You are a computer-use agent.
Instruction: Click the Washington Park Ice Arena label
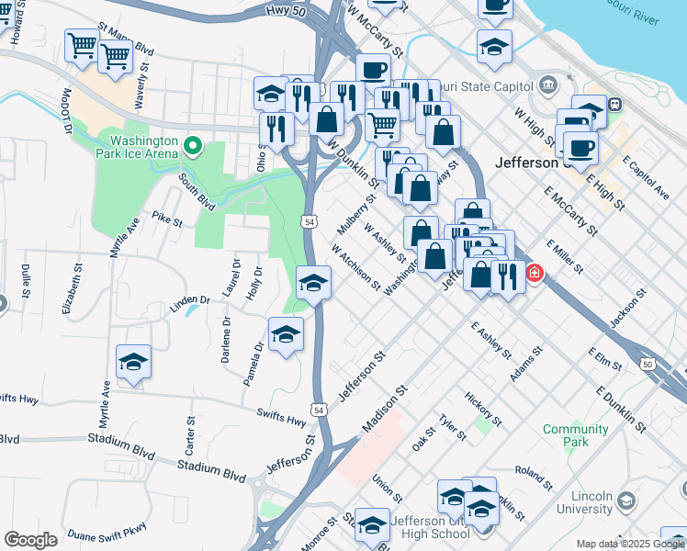point(143,148)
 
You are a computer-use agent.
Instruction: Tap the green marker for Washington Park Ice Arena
point(193,145)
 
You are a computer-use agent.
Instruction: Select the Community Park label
point(576,435)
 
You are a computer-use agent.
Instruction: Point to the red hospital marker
point(533,274)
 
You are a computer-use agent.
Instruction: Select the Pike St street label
point(168,219)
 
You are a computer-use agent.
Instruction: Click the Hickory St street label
point(482,409)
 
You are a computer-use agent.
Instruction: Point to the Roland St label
point(533,479)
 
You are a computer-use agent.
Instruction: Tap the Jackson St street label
point(632,305)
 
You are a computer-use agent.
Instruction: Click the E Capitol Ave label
point(646,177)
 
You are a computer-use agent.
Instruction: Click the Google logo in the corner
point(30,540)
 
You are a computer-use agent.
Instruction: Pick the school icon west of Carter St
point(134,362)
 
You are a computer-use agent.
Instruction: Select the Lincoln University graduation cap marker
point(626,501)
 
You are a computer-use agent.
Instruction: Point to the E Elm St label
point(606,358)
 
